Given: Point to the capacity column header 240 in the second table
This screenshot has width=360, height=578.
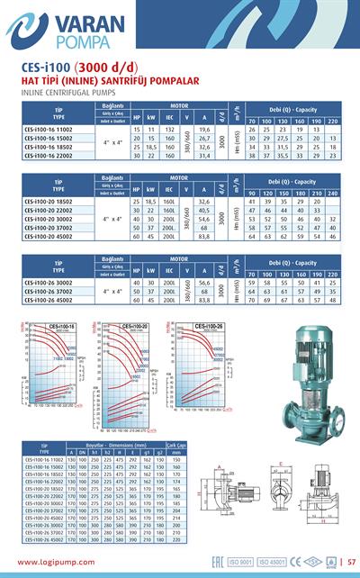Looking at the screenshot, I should tap(333, 194).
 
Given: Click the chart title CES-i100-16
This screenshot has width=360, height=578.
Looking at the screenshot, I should tap(60, 326).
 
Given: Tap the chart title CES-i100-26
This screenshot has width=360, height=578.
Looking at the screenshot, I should tap(202, 326).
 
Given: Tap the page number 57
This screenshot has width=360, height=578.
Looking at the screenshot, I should tap(352, 564).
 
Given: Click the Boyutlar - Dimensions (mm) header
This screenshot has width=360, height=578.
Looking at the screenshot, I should tap(117, 445).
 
